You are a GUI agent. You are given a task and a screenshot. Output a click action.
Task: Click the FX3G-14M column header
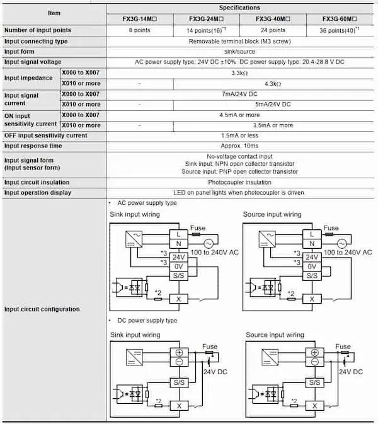coord(140,18)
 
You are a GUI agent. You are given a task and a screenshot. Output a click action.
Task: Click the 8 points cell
coord(139,30)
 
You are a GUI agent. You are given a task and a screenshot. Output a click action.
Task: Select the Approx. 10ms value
coord(240,146)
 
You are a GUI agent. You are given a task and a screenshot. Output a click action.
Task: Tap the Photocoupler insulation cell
coord(240,182)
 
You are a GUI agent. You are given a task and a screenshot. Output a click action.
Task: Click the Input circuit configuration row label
coord(42,309)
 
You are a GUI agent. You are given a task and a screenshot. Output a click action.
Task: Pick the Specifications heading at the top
coord(240,7)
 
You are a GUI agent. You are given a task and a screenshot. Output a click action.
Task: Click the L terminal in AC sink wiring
coord(179,234)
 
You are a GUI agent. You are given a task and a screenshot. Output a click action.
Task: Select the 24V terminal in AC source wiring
coord(312,257)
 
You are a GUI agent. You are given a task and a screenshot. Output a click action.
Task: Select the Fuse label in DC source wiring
coord(343,347)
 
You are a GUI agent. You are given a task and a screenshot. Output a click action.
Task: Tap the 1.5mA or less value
coord(240,135)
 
